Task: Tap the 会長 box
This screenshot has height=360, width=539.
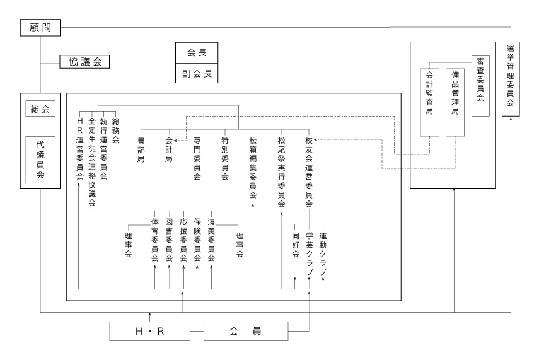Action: (x=197, y=53)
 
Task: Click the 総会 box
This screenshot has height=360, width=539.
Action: (x=40, y=109)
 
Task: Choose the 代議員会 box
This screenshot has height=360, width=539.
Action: (x=40, y=160)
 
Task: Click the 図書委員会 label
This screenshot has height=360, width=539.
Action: (x=169, y=240)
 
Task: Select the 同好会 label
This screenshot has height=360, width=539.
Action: (x=296, y=245)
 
